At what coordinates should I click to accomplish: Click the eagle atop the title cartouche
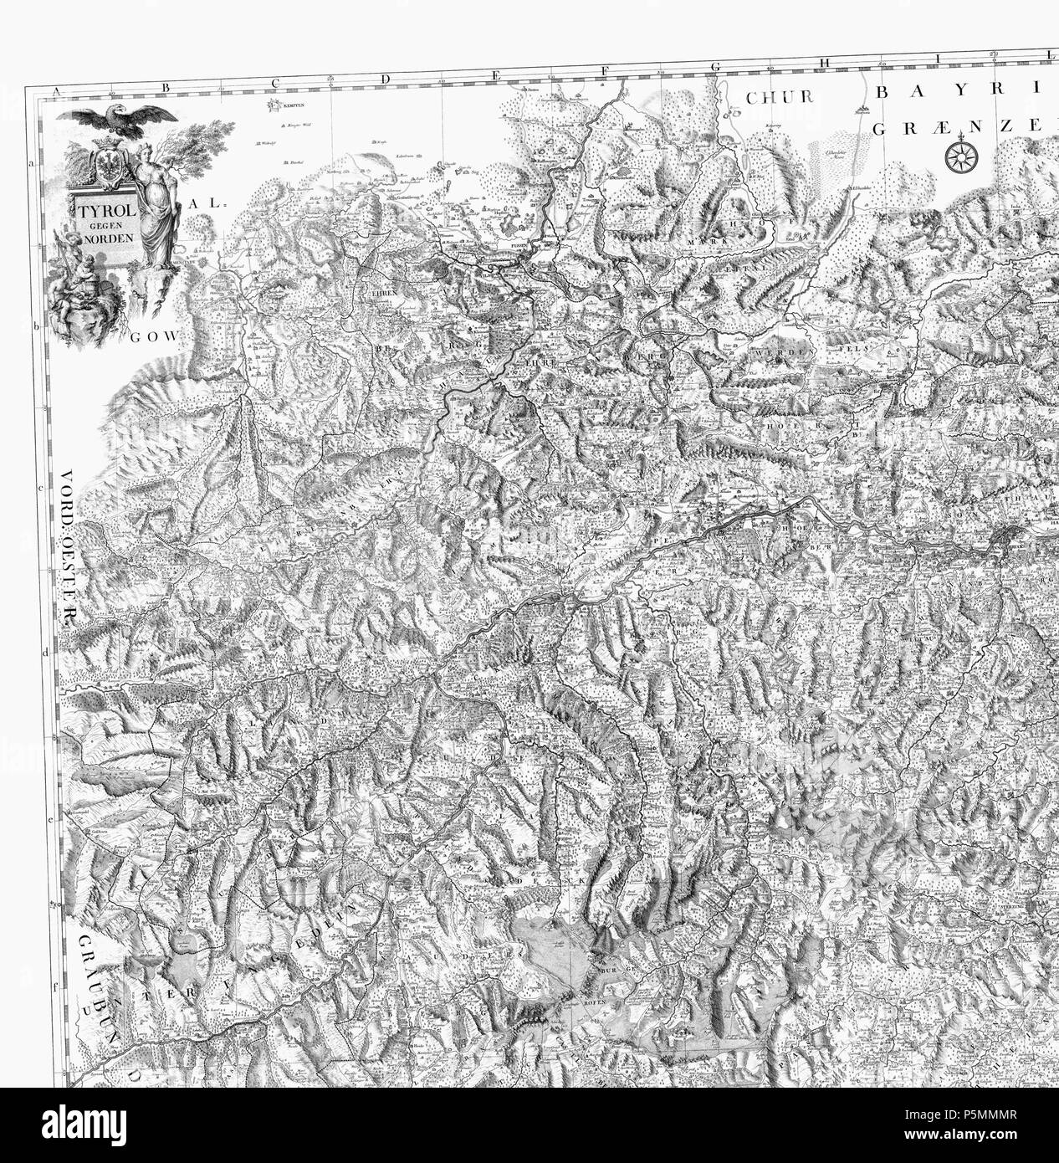tap(123, 117)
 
